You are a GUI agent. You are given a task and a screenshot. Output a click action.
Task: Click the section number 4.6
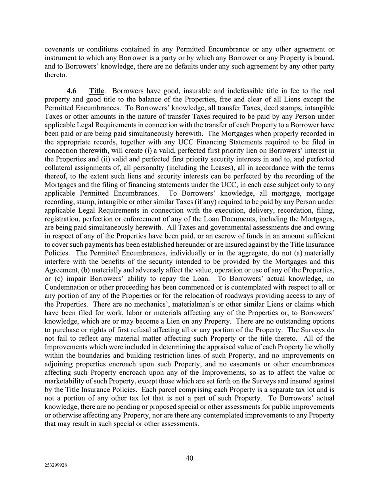coord(71,91)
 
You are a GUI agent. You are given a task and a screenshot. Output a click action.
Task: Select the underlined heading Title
coord(97,91)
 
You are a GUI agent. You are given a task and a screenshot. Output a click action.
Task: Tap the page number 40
coord(189,458)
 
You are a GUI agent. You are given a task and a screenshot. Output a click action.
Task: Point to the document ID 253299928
coord(56,465)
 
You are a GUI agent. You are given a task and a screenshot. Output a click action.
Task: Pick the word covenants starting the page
coord(59,49)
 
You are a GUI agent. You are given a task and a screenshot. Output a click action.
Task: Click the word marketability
coord(66,381)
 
